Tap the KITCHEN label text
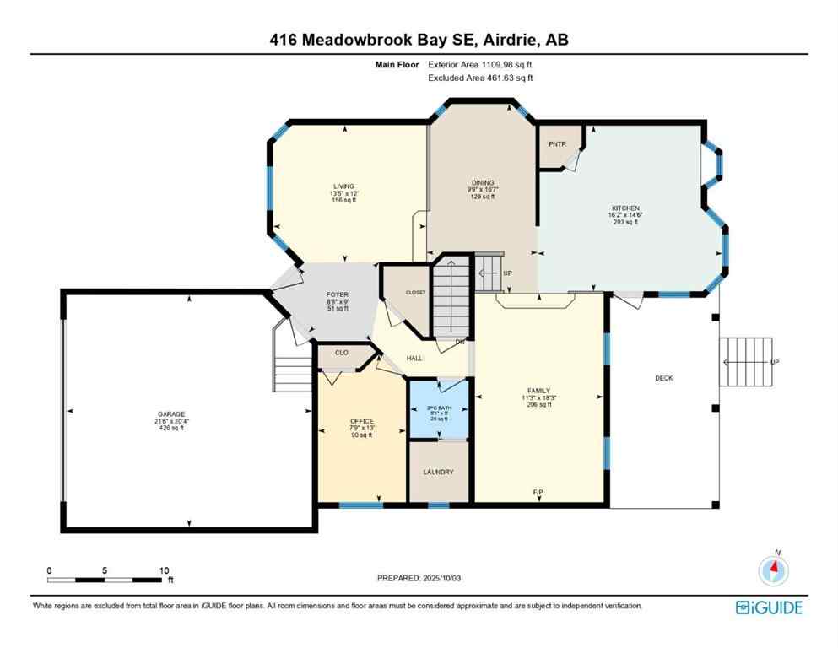(625, 208)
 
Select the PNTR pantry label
(557, 144)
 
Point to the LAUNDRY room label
(438, 472)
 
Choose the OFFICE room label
(361, 421)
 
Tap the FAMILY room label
(538, 391)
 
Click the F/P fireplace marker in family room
(538, 491)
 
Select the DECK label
(664, 378)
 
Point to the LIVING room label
(343, 186)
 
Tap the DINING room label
(482, 181)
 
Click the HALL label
(414, 358)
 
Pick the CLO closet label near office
(342, 353)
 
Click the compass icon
(773, 571)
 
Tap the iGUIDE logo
(769, 607)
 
